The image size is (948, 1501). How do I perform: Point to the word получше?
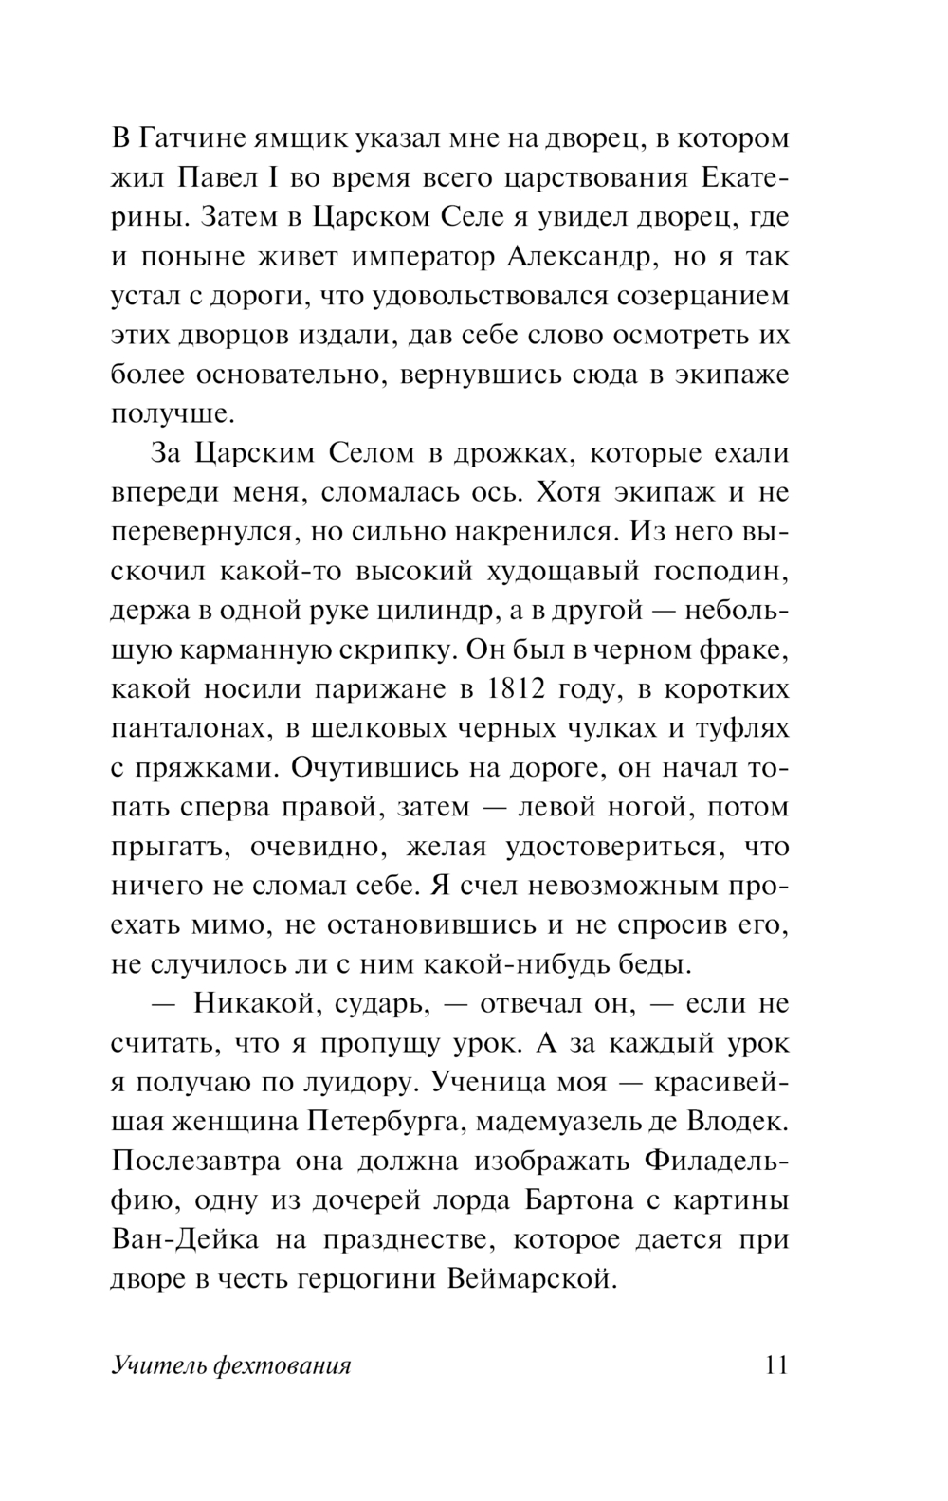[171, 414]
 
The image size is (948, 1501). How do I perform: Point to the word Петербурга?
[385, 1122]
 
